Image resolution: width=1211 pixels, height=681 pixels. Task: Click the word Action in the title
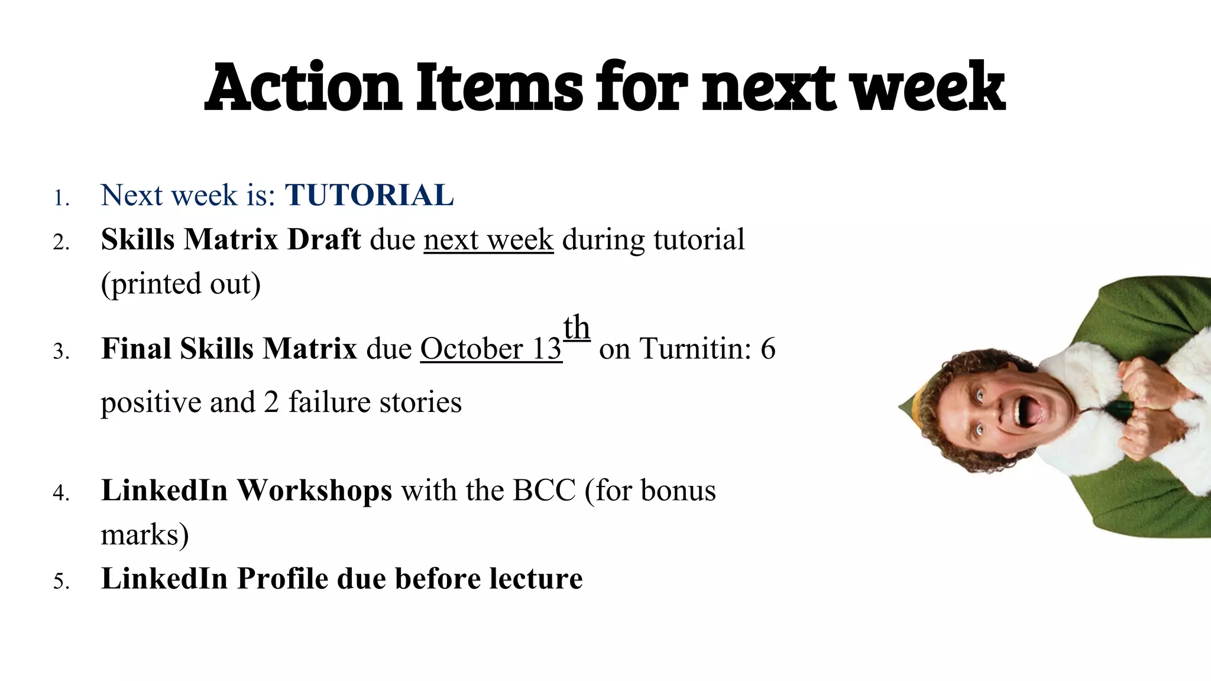coord(303,87)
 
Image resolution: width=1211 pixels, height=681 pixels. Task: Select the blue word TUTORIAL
coord(369,195)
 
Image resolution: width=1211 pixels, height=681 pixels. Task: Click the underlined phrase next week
coord(488,240)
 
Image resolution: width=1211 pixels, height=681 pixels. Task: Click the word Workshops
coord(314,491)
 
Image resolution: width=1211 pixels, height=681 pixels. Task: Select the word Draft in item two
coord(323,240)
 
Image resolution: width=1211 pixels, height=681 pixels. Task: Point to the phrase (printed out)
coord(180,284)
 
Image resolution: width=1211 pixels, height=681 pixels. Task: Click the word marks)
coord(145,535)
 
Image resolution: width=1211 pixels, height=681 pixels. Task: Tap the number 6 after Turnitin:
coord(768,349)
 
